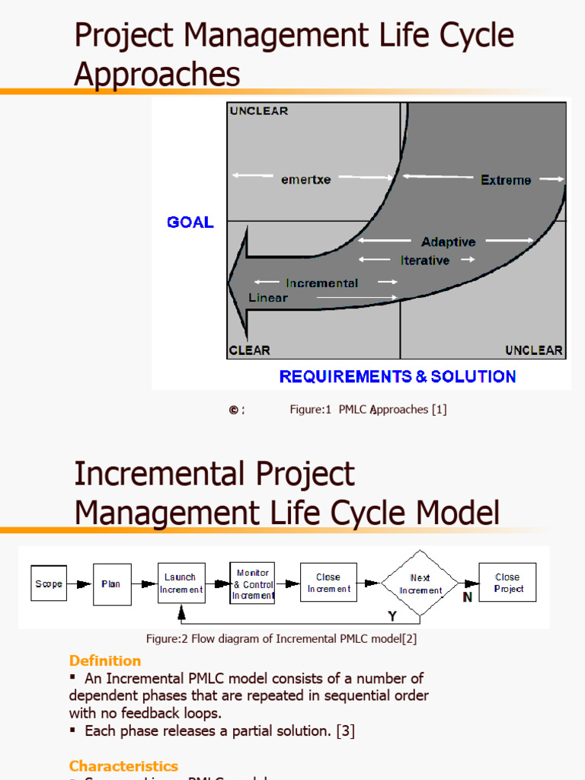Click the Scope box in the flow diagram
pos(49,583)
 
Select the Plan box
pos(112,584)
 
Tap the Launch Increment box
pos(181,583)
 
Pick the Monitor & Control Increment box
pos(253,584)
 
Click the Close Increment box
pos(328,583)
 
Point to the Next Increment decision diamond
pos(420,584)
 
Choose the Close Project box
pos(507,583)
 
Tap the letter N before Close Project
pos(468,597)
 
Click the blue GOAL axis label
pos(190,222)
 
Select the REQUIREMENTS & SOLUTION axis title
pos(398,376)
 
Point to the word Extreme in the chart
pos(506,181)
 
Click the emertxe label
pos(306,180)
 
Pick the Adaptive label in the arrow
pos(448,242)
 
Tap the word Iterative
pos(425,261)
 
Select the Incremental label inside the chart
pos(321,283)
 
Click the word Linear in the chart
pos(268,298)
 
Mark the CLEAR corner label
pos(250,350)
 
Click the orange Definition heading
pos(105,660)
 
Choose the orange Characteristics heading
pos(123,766)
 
